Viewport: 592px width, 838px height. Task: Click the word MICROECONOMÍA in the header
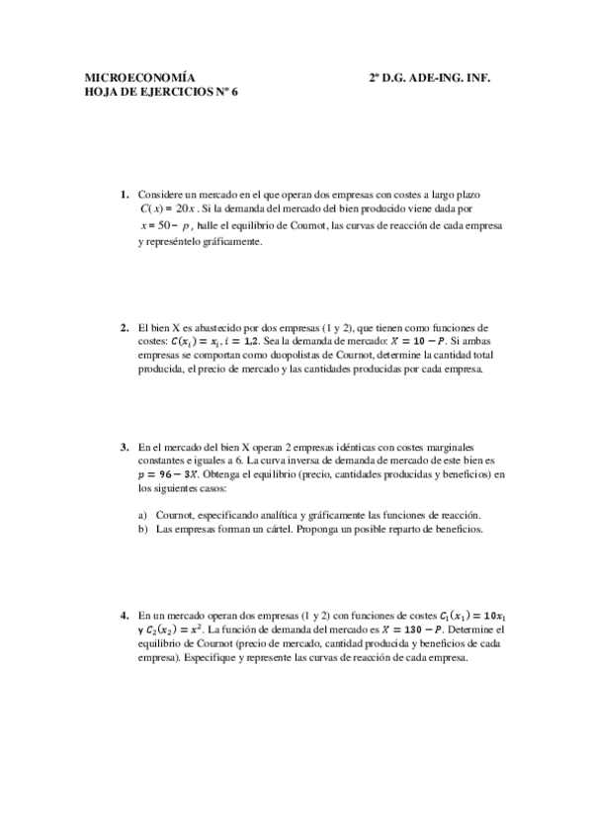[x=138, y=76]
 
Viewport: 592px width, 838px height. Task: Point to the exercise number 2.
[x=125, y=327]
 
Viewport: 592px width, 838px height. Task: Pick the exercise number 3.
[x=125, y=446]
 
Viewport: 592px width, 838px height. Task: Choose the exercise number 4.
[x=125, y=614]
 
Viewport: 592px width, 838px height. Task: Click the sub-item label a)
[x=142, y=515]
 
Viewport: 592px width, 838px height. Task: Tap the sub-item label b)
[x=142, y=529]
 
